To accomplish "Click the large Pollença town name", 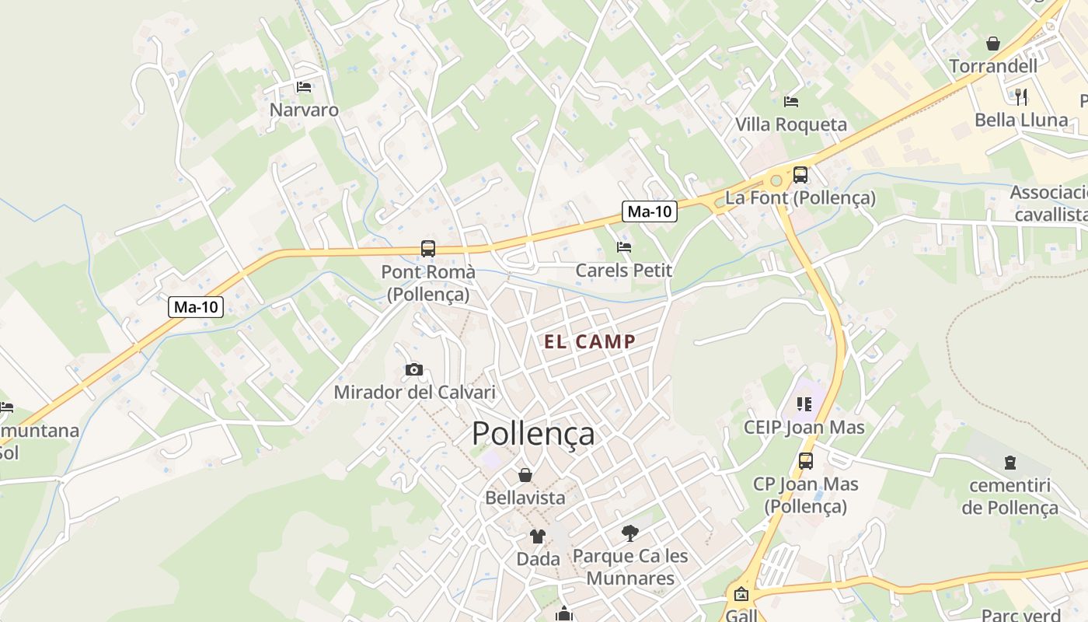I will tap(533, 434).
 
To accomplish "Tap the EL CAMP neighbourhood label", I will tap(590, 341).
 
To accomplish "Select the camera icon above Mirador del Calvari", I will tap(414, 369).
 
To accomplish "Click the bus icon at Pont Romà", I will tap(428, 249).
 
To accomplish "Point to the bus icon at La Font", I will tap(800, 175).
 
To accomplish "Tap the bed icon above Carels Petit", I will tap(623, 247).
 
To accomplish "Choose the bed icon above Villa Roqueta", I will tap(791, 101).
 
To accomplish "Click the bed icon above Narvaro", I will tap(304, 87).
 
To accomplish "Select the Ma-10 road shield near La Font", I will tap(650, 211).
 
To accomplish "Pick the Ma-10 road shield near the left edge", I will tap(197, 307).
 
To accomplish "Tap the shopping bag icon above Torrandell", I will tap(993, 44).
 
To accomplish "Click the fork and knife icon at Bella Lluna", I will tap(1021, 96).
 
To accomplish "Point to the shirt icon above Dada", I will tap(538, 536).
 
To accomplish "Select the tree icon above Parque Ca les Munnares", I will tap(630, 533).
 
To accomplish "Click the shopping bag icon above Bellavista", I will tap(525, 474).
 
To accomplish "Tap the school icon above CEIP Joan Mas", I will tap(804, 404).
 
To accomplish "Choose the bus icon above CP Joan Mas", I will tap(806, 461).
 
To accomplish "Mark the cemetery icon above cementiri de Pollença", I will tap(1010, 463).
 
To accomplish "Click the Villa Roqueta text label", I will tap(791, 124).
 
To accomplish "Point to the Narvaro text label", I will tap(304, 110).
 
